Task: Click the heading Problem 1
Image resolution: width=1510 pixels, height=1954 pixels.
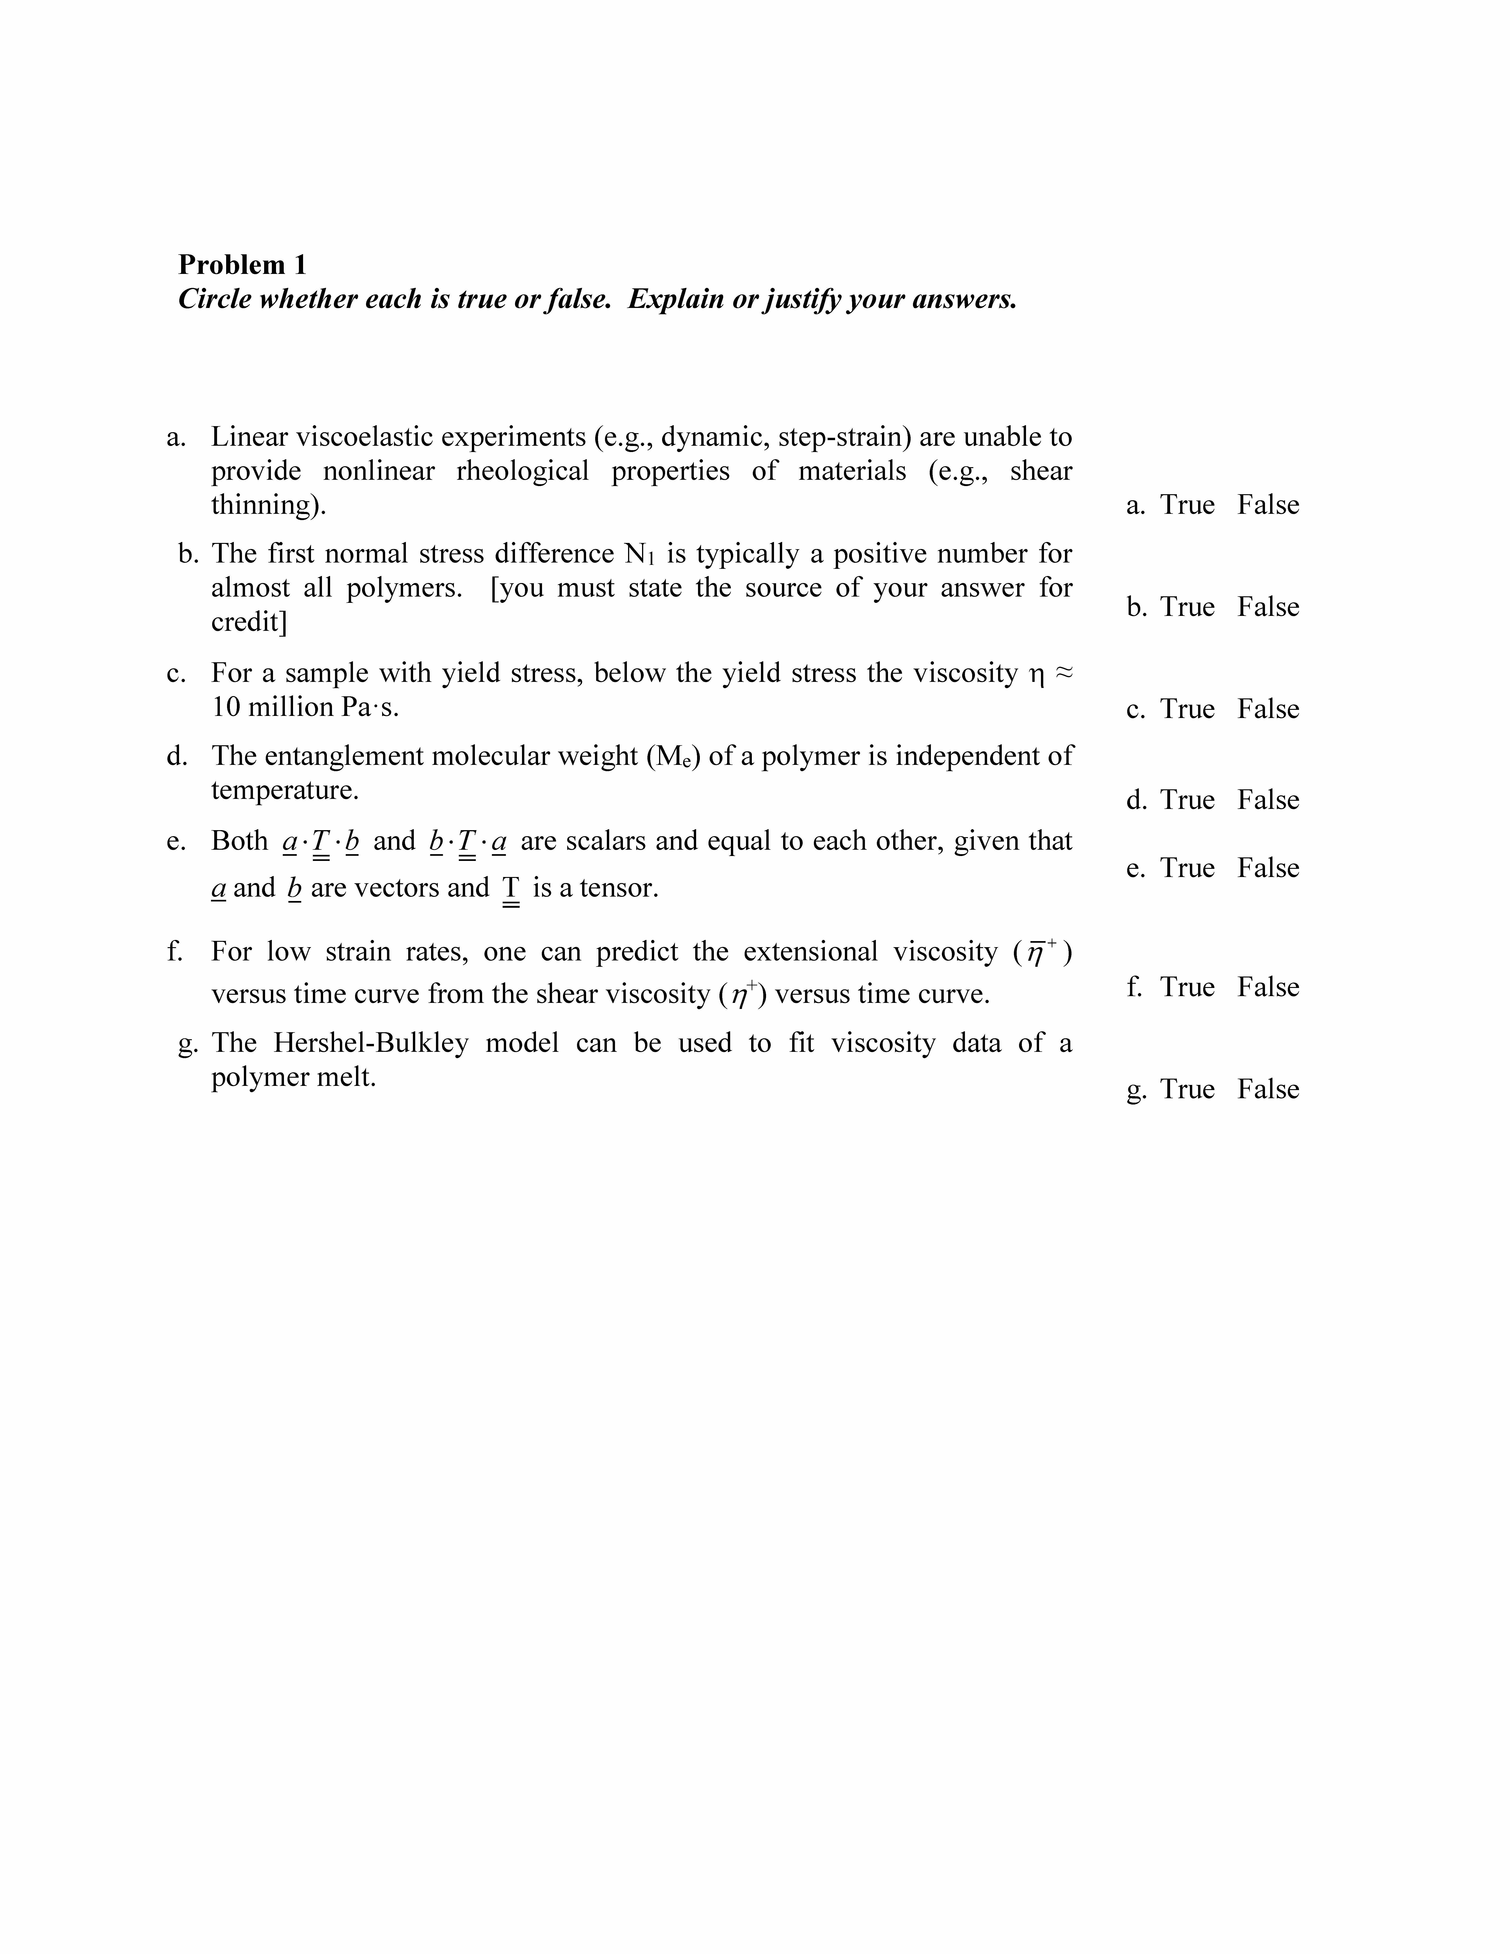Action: tap(242, 265)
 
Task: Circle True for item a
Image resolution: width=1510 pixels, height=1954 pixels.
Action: tap(1187, 505)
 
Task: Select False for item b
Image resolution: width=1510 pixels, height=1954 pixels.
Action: tap(1268, 608)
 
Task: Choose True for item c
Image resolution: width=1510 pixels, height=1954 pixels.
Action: tap(1187, 709)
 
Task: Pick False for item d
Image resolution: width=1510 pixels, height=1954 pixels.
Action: tap(1268, 800)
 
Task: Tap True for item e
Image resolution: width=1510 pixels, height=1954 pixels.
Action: tap(1187, 868)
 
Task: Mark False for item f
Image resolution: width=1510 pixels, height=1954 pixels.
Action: tap(1268, 987)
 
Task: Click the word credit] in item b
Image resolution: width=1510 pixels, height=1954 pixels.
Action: tap(249, 622)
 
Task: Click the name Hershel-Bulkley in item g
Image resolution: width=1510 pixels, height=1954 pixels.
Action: tap(370, 1043)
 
